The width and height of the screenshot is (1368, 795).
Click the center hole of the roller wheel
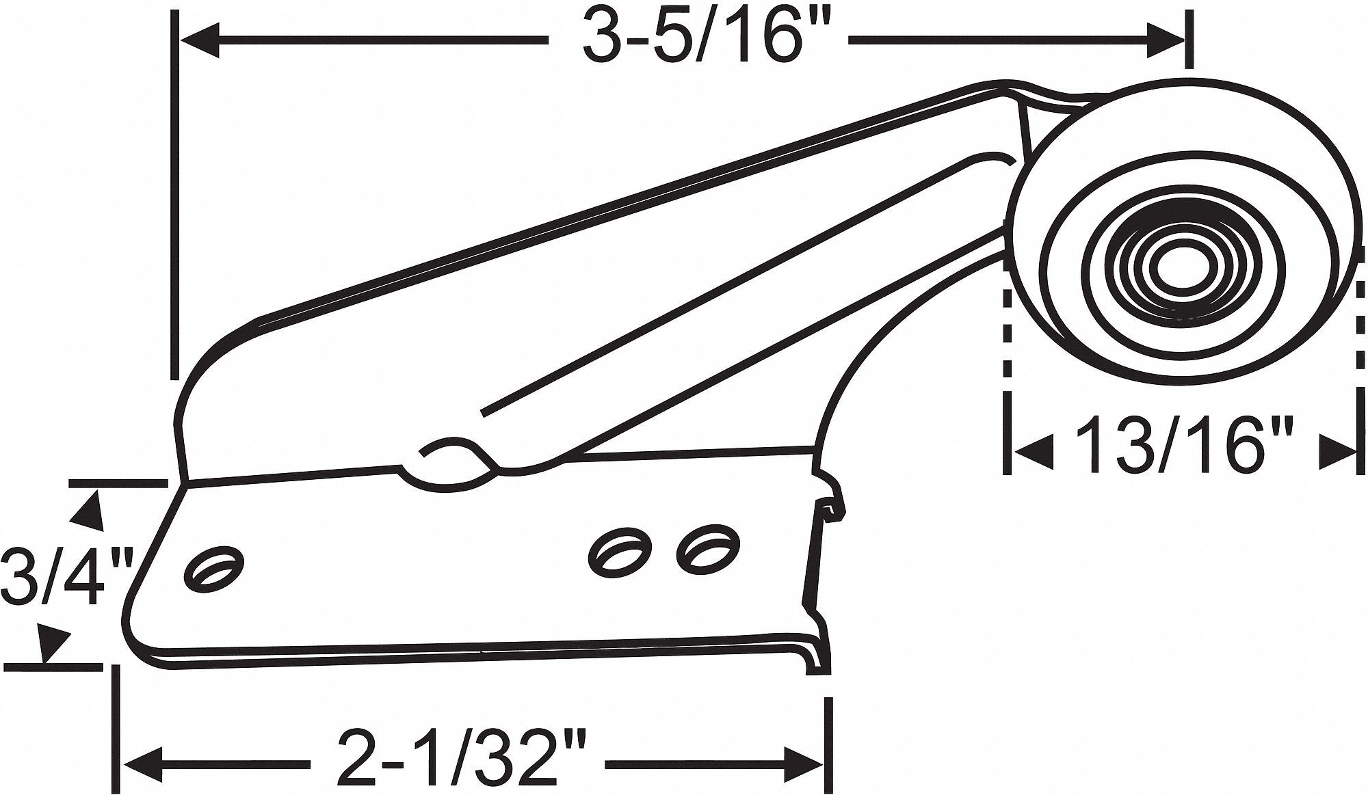pyautogui.click(x=1175, y=265)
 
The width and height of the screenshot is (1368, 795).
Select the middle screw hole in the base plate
pyautogui.click(x=617, y=549)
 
